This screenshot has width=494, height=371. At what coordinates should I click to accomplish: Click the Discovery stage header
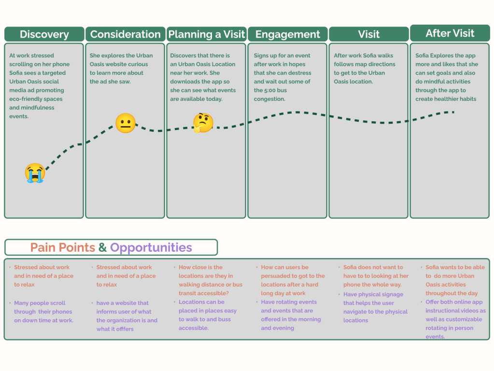tap(44, 34)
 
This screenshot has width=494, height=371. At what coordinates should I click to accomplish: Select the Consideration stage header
tap(125, 34)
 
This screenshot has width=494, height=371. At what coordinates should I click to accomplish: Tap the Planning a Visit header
tap(206, 34)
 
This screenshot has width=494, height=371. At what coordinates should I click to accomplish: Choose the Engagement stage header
tap(287, 34)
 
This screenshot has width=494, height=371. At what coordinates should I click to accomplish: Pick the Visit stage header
tap(368, 34)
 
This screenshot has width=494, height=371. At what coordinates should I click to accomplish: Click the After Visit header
tap(450, 33)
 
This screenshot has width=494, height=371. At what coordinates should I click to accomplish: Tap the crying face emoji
tap(35, 173)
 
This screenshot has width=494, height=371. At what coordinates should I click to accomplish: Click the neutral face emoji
tap(126, 123)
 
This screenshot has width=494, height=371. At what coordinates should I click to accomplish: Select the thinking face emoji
tap(203, 122)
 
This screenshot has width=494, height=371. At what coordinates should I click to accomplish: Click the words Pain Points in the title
tap(63, 247)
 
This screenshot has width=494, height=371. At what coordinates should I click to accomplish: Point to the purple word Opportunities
tap(151, 247)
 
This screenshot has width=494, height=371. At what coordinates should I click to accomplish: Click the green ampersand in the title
tap(102, 247)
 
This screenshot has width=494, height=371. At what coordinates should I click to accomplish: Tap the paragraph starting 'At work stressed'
tap(40, 86)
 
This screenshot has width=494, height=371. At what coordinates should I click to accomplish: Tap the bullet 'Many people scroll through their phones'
tap(43, 312)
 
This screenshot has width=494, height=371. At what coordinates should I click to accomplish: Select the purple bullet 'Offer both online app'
tap(455, 319)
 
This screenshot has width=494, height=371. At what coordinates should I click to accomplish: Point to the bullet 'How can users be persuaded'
tap(293, 280)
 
